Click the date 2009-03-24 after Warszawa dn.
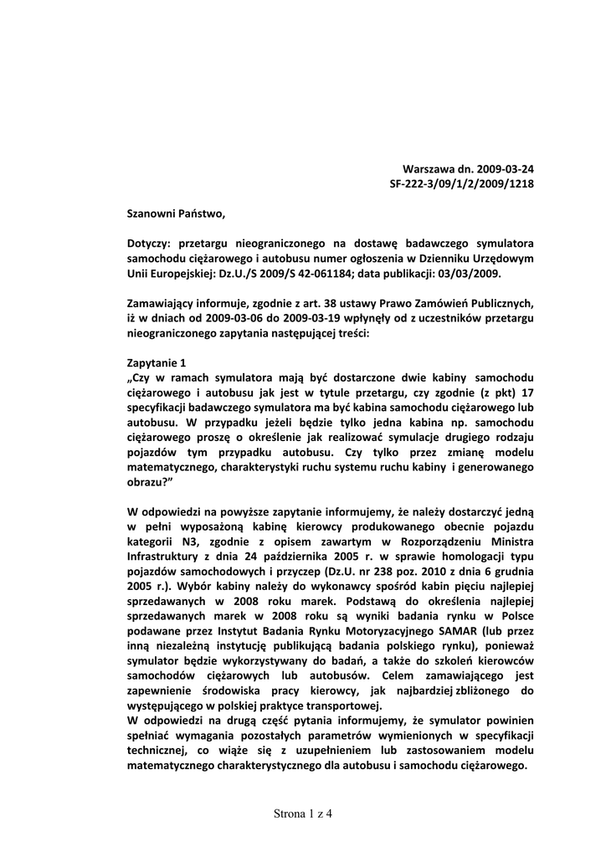tap(503, 168)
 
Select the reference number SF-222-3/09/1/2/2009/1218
tap(462, 183)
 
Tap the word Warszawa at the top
tap(430, 168)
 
